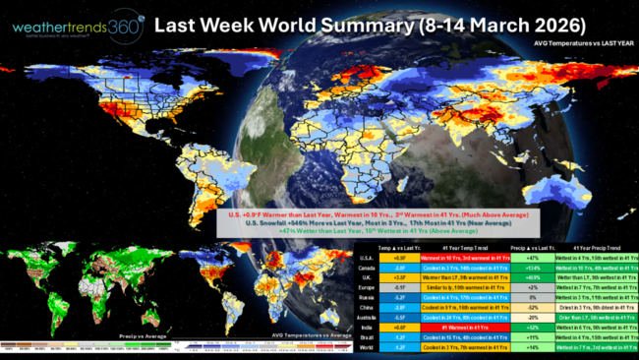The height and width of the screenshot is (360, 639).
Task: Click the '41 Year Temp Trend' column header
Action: (x=463, y=245)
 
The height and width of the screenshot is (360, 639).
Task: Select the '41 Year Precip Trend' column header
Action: (x=594, y=245)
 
